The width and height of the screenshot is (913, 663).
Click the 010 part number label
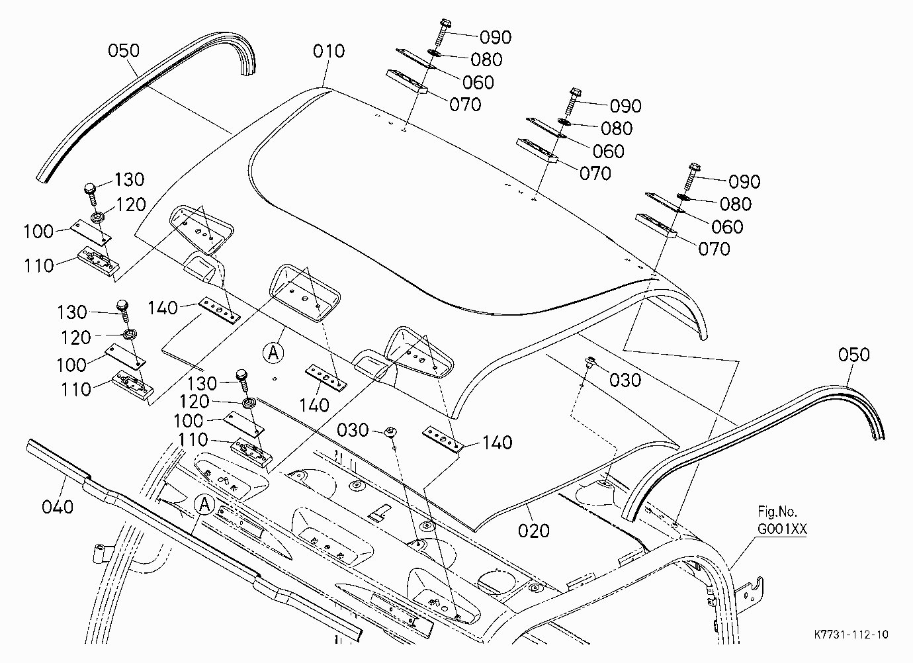click(x=329, y=52)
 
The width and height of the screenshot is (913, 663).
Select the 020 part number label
click(x=533, y=531)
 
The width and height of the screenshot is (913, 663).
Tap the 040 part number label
click(x=58, y=508)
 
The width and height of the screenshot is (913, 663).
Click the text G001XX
click(x=782, y=529)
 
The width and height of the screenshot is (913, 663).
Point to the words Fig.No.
click(x=777, y=511)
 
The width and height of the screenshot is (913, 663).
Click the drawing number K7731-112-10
click(x=851, y=635)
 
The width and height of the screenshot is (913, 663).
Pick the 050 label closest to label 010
click(x=124, y=51)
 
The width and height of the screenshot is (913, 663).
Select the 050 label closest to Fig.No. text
click(x=853, y=355)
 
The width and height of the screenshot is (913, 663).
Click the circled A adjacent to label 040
click(x=204, y=505)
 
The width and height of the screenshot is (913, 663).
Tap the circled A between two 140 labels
click(x=273, y=353)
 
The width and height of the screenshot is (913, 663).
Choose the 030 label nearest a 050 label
click(x=625, y=380)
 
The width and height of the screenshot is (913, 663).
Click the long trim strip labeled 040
click(x=192, y=537)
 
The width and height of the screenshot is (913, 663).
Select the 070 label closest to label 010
click(x=465, y=105)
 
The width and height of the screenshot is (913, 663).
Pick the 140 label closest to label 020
click(x=498, y=443)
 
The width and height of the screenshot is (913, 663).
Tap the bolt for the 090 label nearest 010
click(x=439, y=32)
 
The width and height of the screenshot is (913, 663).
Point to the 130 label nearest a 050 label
click(x=129, y=180)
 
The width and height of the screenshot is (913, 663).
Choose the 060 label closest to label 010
click(x=478, y=83)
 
